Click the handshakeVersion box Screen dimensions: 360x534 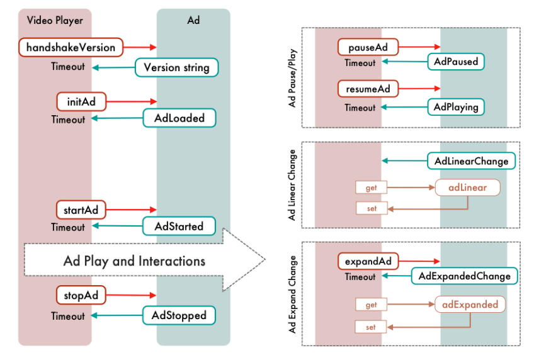pos(71,47)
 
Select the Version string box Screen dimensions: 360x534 pos(176,67)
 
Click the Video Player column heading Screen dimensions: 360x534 pos(55,20)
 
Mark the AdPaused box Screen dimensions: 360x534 pos(456,62)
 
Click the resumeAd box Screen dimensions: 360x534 pos(368,89)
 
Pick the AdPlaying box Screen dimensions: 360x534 pos(456,106)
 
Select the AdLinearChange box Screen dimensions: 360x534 pos(471,161)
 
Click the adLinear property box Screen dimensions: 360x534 pos(468,188)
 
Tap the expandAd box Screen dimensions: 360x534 pos(368,261)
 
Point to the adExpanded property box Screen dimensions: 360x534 pos(470,305)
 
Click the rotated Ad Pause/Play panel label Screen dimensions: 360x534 pos(292,78)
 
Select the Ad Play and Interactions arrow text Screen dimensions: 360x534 pos(134,261)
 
